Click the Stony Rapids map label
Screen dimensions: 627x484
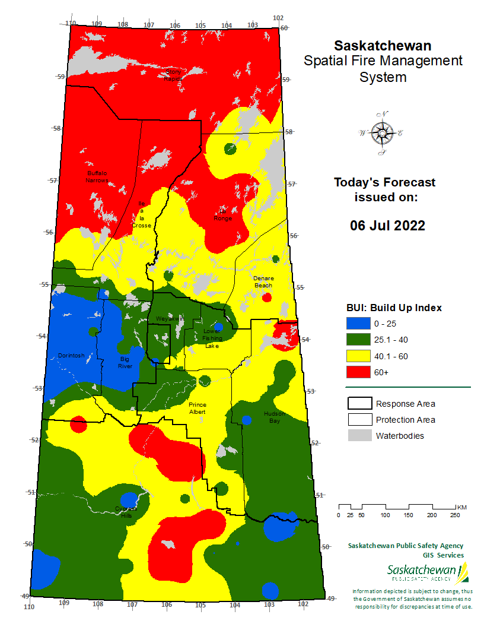tap(173, 75)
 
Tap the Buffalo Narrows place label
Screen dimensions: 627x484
tap(97, 176)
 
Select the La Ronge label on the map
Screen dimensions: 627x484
tap(223, 214)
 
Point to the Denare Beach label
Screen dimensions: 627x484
tap(263, 281)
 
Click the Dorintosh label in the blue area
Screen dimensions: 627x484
tap(71, 356)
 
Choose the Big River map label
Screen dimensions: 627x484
tap(125, 362)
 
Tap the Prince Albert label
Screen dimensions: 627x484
tap(198, 408)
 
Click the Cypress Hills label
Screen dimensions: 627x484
tap(125, 512)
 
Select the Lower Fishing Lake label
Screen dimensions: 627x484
tap(212, 338)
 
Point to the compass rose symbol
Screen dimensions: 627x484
tap(380, 134)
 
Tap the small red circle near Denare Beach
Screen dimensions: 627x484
tap(267, 297)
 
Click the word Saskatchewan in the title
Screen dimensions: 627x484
tap(383, 46)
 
